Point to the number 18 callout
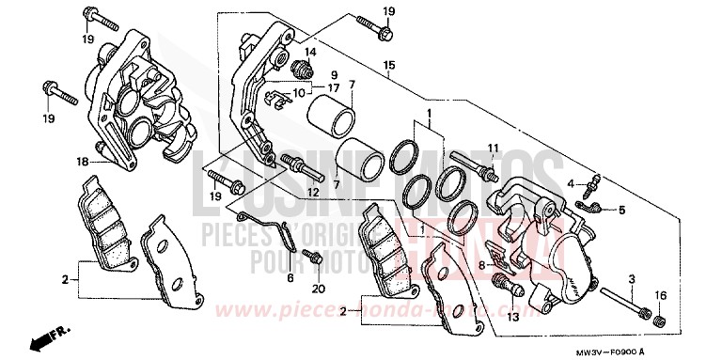pyautogui.click(x=84, y=162)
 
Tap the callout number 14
pyautogui.click(x=309, y=51)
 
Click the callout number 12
pyautogui.click(x=312, y=192)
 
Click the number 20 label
pyautogui.click(x=318, y=288)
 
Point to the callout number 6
pyautogui.click(x=290, y=278)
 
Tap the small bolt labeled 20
pyautogui.click(x=315, y=254)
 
